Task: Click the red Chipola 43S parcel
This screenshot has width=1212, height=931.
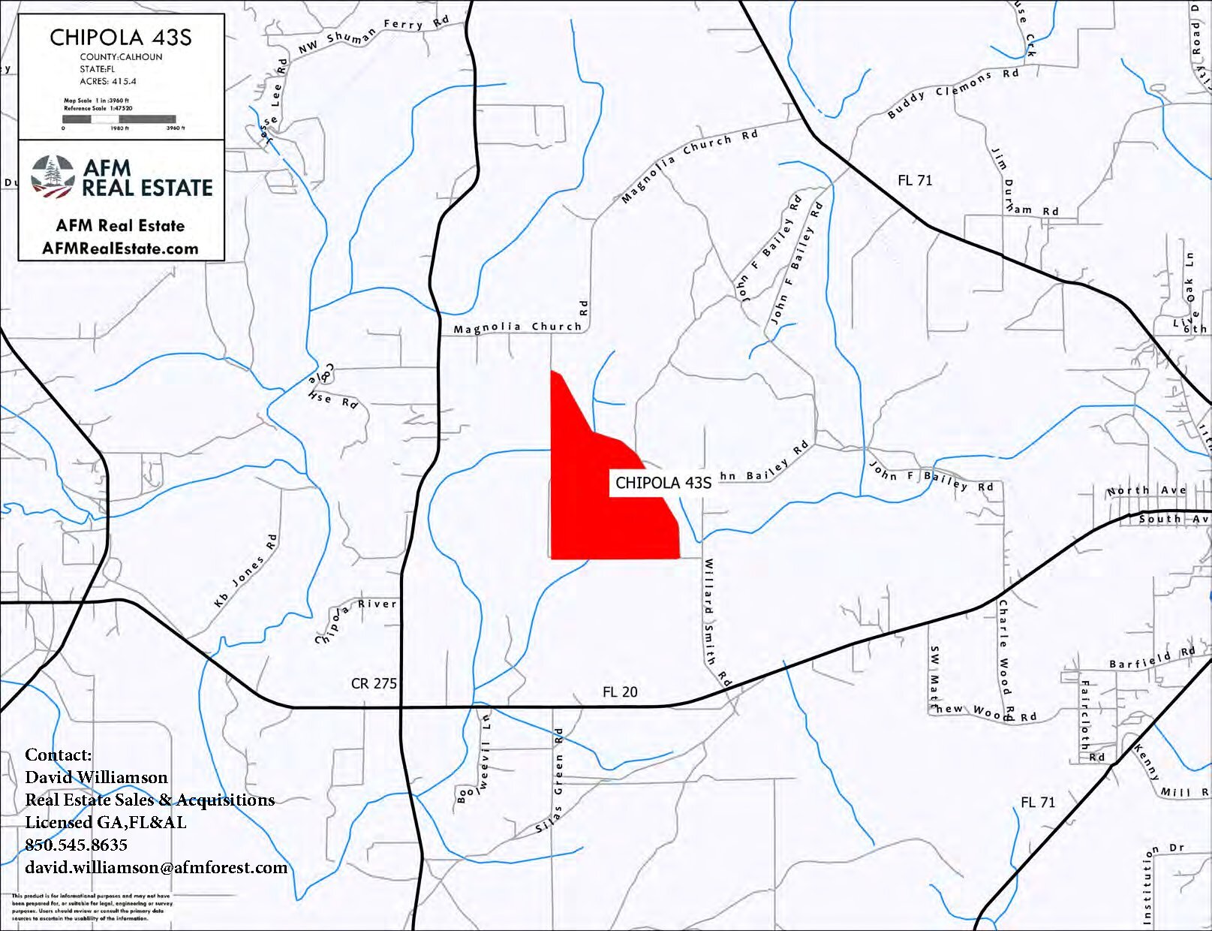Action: click(593, 518)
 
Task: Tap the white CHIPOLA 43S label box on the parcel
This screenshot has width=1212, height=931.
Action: click(663, 483)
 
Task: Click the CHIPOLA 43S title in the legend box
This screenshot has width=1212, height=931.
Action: click(121, 38)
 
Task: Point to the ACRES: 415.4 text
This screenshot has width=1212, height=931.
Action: click(108, 81)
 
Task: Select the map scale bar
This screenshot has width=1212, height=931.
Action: click(119, 119)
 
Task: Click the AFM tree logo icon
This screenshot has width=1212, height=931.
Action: click(53, 177)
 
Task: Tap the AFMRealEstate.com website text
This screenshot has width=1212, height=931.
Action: click(120, 249)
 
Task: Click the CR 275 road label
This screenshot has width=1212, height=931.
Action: click(373, 683)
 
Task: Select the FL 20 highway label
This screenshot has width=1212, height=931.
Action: click(620, 691)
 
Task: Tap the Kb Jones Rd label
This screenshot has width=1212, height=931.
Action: click(245, 571)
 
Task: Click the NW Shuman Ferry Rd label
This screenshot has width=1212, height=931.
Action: click(373, 36)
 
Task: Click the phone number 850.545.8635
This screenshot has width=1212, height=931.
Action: click(77, 845)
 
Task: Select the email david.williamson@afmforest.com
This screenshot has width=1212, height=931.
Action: click(156, 867)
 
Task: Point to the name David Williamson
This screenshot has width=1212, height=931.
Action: click(96, 777)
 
